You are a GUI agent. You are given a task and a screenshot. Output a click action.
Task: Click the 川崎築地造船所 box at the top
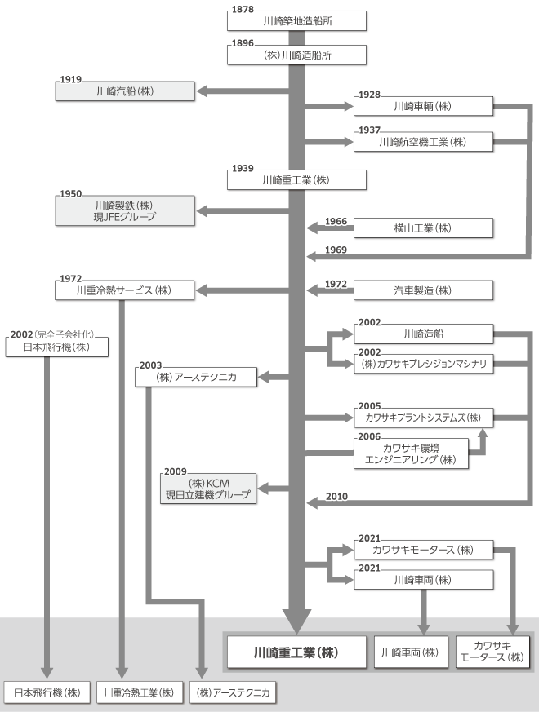[x=296, y=20]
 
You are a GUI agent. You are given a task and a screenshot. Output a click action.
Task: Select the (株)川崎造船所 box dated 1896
[x=296, y=55]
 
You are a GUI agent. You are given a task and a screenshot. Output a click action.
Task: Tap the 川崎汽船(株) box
[x=125, y=92]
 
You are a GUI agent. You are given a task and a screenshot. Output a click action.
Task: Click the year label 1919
[x=71, y=80]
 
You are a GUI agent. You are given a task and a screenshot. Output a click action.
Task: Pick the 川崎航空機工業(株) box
[x=424, y=142]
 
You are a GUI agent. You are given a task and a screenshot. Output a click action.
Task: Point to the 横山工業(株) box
[x=424, y=228]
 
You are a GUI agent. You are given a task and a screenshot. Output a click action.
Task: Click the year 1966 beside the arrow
[x=336, y=222]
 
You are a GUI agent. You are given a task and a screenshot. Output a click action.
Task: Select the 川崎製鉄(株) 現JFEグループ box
[x=125, y=211]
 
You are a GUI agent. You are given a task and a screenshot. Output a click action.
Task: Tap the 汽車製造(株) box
[x=424, y=290]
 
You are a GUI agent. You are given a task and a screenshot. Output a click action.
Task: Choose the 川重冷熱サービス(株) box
[x=125, y=290]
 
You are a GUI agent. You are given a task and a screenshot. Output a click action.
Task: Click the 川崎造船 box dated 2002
[x=424, y=334]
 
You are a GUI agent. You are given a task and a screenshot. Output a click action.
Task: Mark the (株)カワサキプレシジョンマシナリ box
[x=424, y=365]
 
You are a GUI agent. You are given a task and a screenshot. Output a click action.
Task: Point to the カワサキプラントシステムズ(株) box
[x=424, y=418]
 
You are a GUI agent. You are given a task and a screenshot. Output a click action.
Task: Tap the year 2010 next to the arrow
[x=336, y=496]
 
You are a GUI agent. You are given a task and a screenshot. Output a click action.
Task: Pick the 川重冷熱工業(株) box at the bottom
[x=139, y=693]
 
